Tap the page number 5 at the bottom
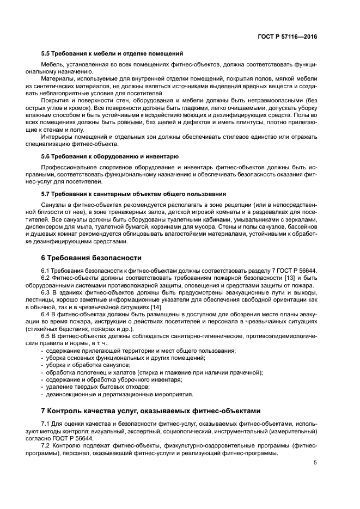(x=315, y=463)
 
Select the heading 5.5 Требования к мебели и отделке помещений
(x=112, y=53)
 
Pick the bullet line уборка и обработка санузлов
(x=89, y=365)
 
